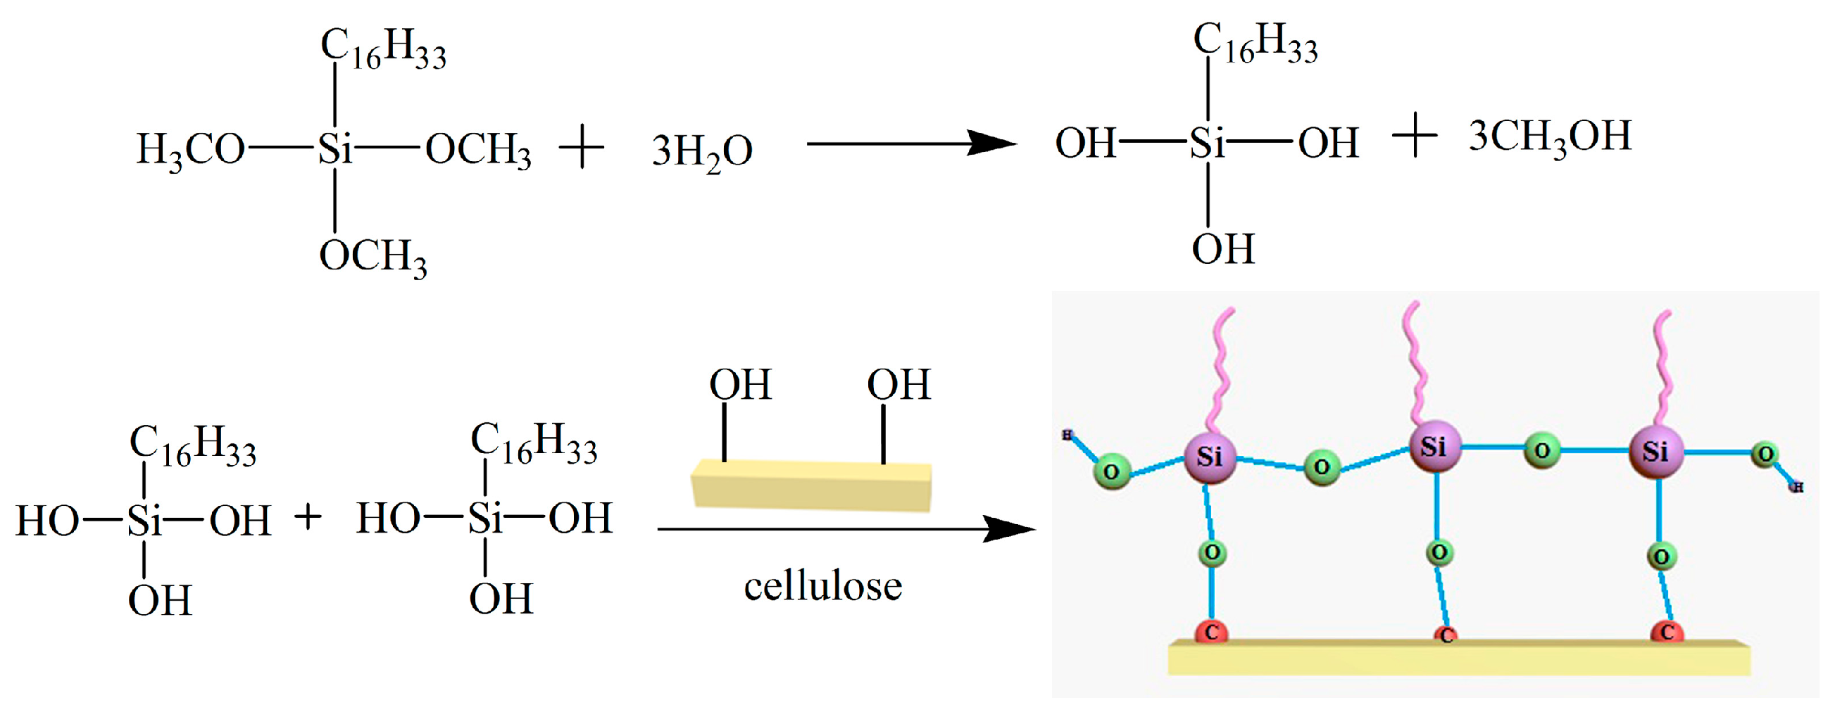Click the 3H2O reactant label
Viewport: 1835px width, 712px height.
701,151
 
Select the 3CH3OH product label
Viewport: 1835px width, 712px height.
1549,136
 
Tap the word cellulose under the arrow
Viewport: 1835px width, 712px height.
822,587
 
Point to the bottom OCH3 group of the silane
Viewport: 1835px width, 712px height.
372,256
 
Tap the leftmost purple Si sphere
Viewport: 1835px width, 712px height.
1210,457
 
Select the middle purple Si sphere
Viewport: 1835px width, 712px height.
1434,447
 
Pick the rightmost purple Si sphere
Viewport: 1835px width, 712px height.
1655,452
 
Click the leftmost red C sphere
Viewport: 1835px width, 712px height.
1211,632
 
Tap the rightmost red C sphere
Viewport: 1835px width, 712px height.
1667,632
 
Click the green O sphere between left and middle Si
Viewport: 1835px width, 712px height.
1322,467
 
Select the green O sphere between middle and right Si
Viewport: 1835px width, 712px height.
1542,451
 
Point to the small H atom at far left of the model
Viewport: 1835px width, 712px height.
1067,435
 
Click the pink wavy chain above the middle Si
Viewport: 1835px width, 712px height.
1417,363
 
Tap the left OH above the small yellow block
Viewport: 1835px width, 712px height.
740,385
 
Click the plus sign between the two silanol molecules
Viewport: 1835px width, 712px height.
308,517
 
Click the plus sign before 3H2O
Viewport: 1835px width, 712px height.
582,148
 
